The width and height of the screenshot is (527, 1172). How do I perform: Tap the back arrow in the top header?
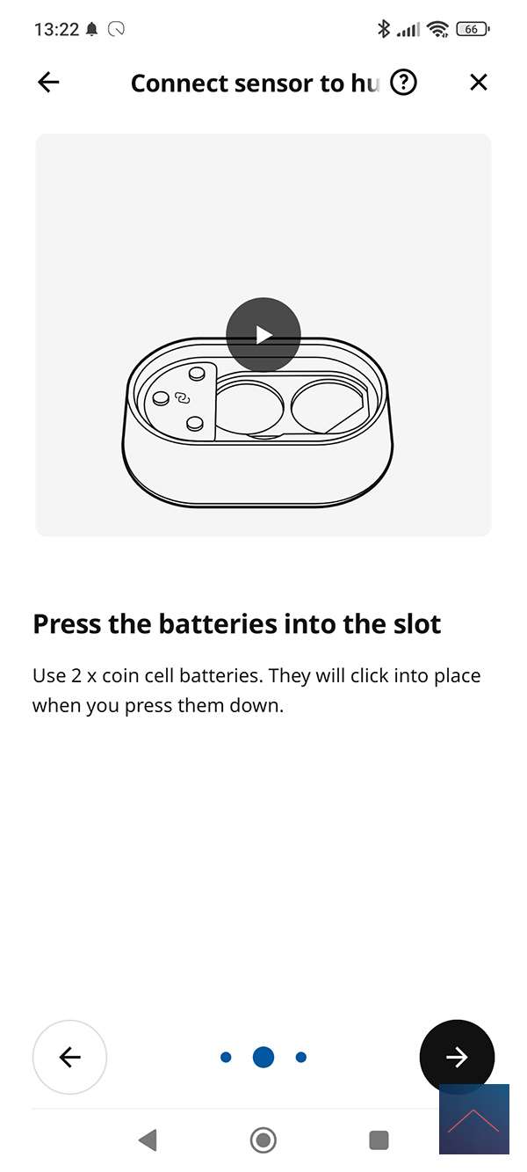click(48, 82)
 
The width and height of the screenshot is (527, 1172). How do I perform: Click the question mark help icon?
click(404, 82)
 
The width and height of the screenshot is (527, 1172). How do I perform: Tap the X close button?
click(479, 82)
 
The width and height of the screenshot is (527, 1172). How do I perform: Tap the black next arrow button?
click(457, 1057)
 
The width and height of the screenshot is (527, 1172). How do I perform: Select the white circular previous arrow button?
click(69, 1057)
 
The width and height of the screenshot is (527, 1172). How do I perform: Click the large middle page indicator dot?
click(263, 1057)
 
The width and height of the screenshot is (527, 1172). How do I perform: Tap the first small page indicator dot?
click(226, 1058)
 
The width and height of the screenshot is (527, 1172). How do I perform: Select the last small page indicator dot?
click(301, 1058)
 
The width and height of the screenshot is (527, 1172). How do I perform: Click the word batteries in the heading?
click(218, 624)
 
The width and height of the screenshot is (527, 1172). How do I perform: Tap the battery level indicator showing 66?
click(473, 29)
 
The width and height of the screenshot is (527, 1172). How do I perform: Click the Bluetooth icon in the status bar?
click(384, 29)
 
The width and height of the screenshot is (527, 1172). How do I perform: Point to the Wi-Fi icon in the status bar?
click(437, 29)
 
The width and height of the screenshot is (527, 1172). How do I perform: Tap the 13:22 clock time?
click(56, 29)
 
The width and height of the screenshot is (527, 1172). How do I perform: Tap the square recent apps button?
click(379, 1140)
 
